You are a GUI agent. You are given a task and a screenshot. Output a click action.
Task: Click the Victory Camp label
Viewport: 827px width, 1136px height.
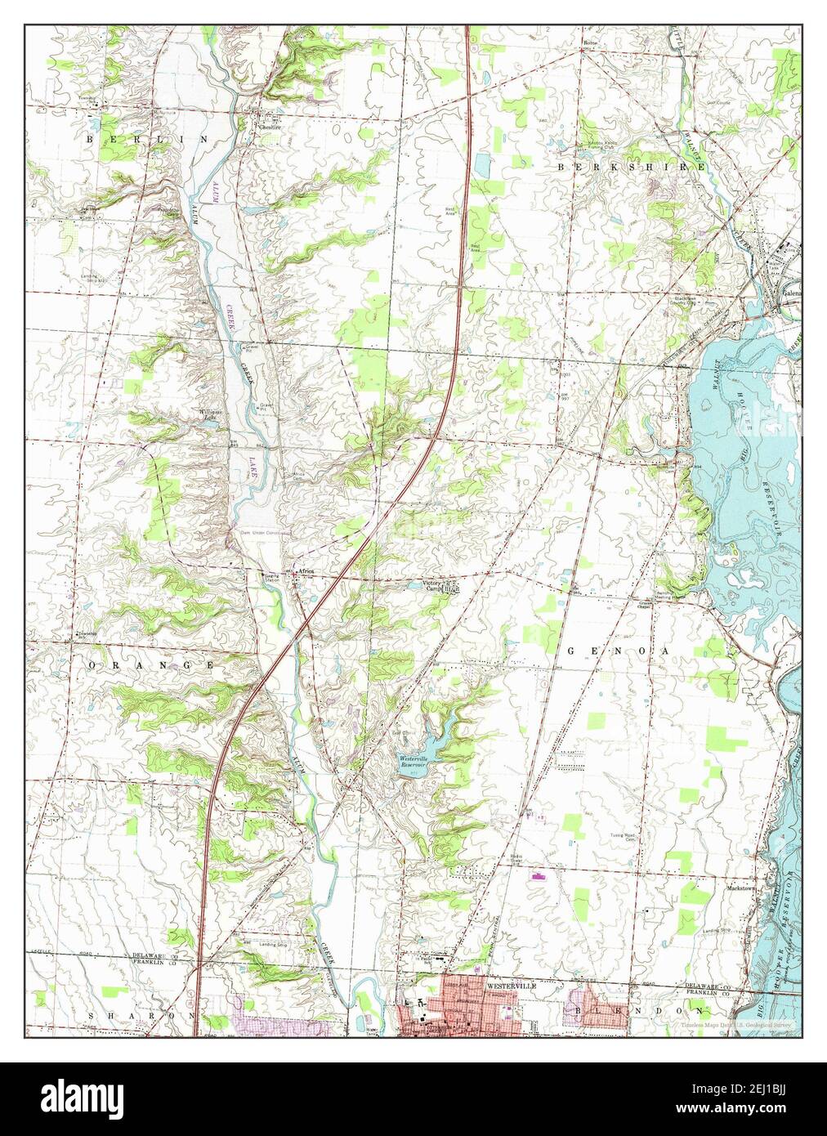pyautogui.click(x=432, y=587)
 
